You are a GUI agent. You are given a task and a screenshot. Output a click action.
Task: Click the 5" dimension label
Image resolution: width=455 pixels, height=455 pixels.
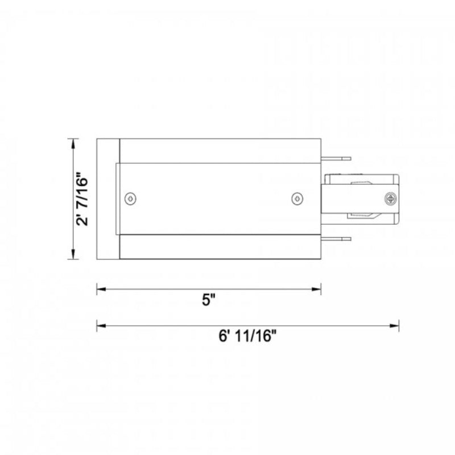[209, 300]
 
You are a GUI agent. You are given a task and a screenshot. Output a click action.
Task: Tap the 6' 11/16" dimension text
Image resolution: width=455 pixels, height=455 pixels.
[247, 336]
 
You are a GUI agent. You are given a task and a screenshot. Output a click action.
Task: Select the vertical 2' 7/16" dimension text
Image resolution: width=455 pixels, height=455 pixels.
[81, 198]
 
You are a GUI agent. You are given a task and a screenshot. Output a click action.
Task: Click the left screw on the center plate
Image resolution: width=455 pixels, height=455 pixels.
[130, 198]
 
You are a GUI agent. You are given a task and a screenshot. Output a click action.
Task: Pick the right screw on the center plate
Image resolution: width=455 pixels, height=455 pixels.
[297, 198]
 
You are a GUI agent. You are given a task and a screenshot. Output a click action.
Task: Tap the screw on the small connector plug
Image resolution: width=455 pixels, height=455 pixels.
[391, 199]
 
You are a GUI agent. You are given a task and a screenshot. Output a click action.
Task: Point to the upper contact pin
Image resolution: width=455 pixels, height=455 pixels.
[336, 159]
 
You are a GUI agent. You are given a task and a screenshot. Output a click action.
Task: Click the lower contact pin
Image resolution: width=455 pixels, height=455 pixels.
[336, 239]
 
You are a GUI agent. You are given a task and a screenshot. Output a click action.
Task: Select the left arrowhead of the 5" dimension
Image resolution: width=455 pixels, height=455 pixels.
[101, 289]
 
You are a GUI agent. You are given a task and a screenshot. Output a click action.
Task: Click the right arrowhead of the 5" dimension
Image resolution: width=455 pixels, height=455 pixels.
[317, 289]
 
